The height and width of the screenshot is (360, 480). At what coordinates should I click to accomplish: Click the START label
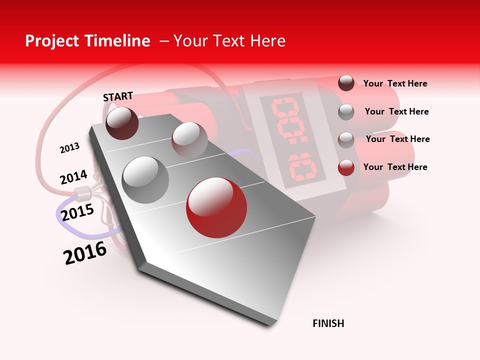click(x=118, y=96)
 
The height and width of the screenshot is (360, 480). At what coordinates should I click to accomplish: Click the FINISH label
click(x=328, y=323)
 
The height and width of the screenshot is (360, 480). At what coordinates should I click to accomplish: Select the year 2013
click(x=69, y=148)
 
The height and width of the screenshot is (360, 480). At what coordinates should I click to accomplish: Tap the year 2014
click(x=73, y=177)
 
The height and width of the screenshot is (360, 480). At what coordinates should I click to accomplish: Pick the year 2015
click(x=77, y=212)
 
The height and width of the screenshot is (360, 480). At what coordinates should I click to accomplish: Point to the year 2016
click(x=85, y=252)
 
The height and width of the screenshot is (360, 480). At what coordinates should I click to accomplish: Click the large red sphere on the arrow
click(x=216, y=207)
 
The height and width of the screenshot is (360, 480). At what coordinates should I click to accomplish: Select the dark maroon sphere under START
click(x=122, y=123)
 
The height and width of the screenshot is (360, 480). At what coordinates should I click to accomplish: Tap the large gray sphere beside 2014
click(x=145, y=179)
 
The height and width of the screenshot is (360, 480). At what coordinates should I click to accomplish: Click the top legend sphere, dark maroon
click(x=346, y=83)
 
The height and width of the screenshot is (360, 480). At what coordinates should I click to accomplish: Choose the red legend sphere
click(x=346, y=167)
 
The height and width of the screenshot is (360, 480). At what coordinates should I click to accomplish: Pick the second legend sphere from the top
click(x=346, y=112)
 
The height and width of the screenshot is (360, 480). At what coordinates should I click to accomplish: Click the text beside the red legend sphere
click(x=395, y=167)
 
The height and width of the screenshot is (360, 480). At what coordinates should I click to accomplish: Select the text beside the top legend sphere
click(x=395, y=83)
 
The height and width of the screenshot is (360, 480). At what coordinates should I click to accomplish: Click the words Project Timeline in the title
click(x=87, y=41)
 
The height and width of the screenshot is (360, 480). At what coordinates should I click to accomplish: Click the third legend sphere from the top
click(x=346, y=140)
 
